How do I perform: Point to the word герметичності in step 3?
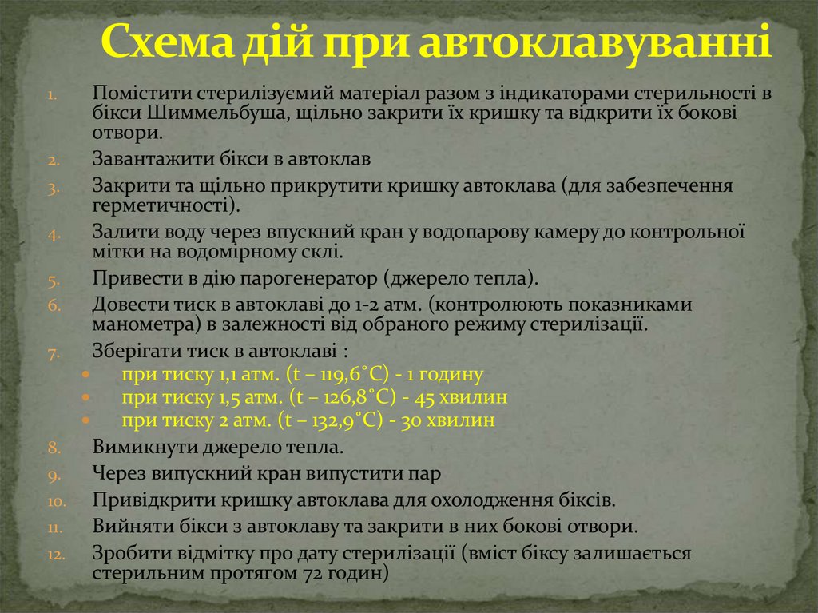pos(162,205)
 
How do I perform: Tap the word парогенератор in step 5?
pos(302,280)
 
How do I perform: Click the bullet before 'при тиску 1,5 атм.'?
pos(86,398)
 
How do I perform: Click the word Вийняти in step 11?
pos(127,527)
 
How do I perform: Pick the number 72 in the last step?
pos(289,573)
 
